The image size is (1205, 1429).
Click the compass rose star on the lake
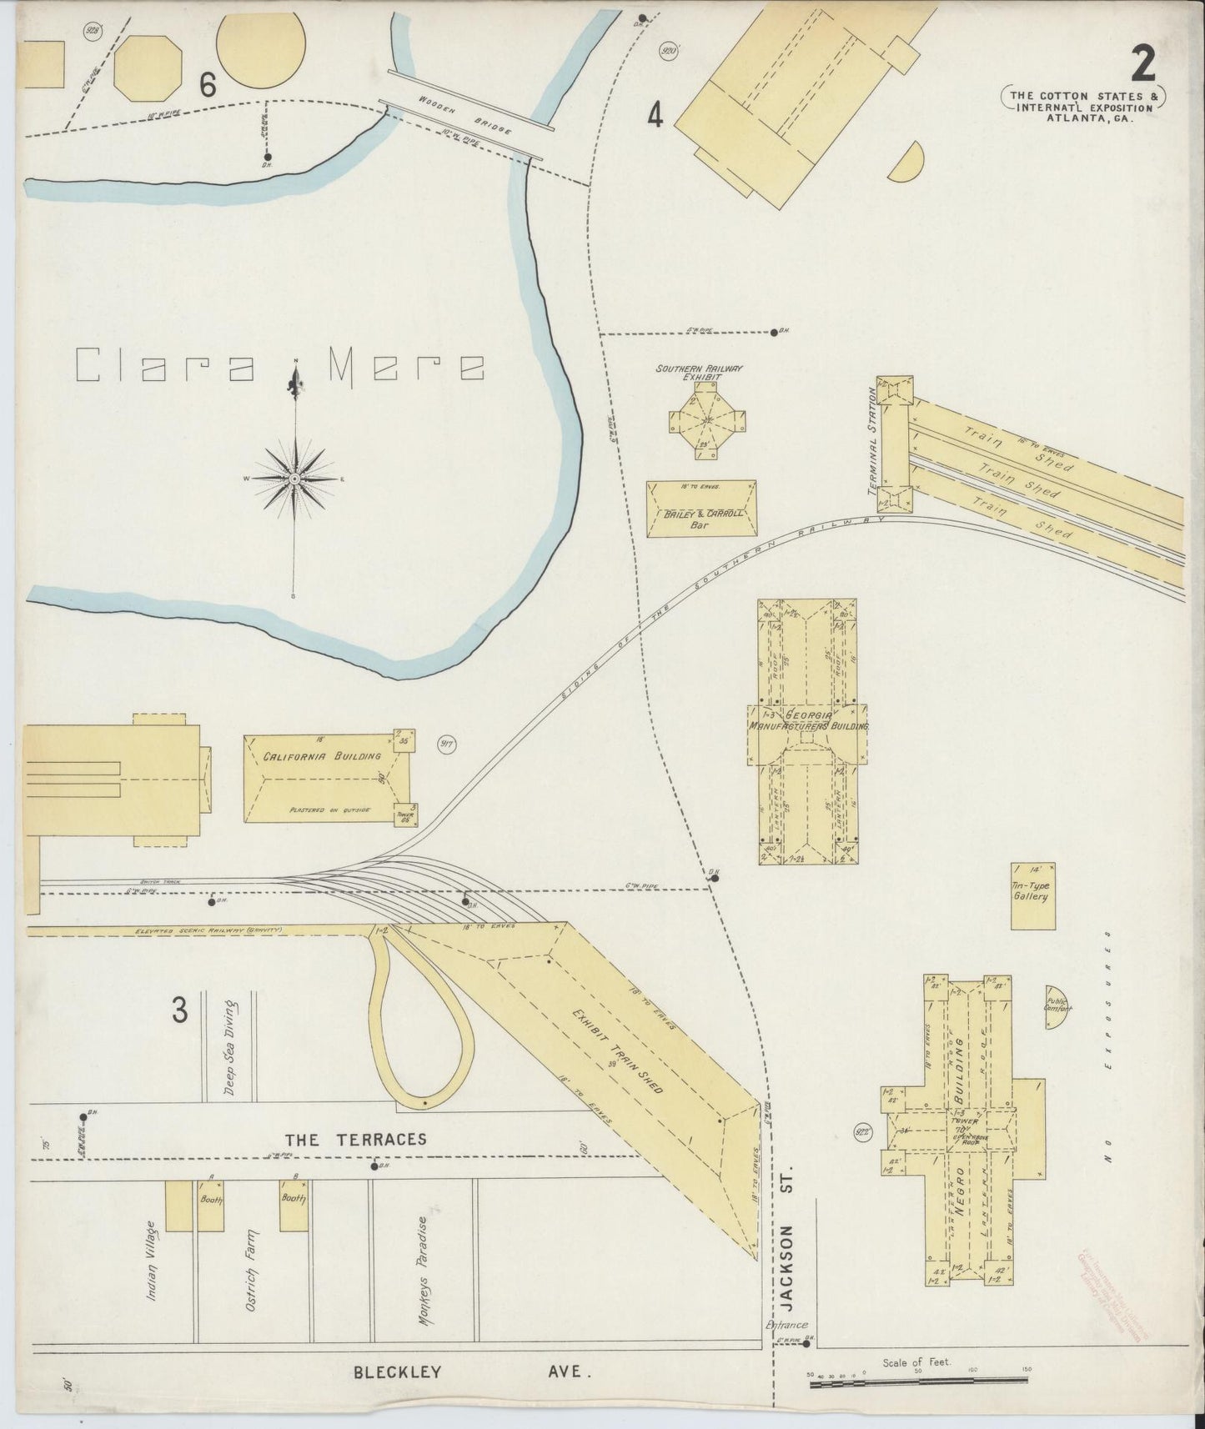click(x=294, y=479)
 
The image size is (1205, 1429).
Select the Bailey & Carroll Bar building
click(x=702, y=509)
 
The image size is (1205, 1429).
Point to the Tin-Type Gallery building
click(x=1032, y=895)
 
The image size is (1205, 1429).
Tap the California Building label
click(x=322, y=756)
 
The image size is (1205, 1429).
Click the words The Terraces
click(x=356, y=1140)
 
